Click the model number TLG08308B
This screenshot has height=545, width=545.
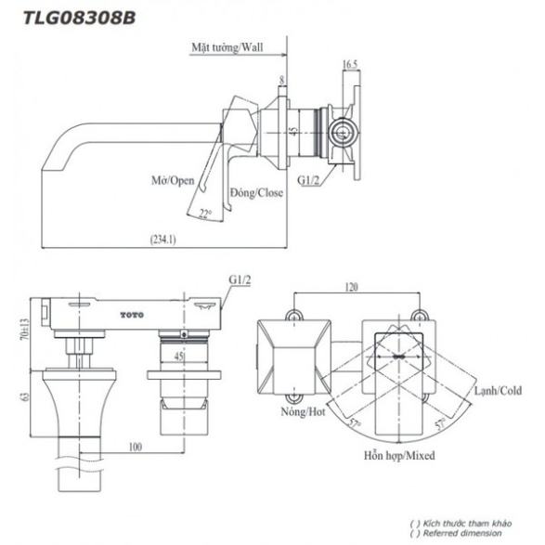pyautogui.click(x=79, y=18)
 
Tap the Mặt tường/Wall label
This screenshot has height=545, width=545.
pyautogui.click(x=227, y=47)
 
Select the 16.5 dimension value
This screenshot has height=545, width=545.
pyautogui.click(x=350, y=64)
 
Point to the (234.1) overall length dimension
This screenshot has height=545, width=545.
pyautogui.click(x=163, y=240)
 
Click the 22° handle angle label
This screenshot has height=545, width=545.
pyautogui.click(x=205, y=213)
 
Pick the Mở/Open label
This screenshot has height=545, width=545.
pyautogui.click(x=173, y=181)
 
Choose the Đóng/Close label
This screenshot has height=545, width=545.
pyautogui.click(x=256, y=192)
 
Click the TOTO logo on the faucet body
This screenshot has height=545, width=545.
pyautogui.click(x=132, y=315)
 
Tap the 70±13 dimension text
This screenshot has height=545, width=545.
pyautogui.click(x=25, y=330)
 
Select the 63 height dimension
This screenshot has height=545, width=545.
pyautogui.click(x=25, y=397)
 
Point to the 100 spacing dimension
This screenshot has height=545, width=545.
pyautogui.click(x=136, y=447)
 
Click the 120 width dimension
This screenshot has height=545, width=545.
pyautogui.click(x=351, y=287)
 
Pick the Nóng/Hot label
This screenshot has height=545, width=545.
pyautogui.click(x=303, y=412)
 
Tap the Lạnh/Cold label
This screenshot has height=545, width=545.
pyautogui.click(x=498, y=391)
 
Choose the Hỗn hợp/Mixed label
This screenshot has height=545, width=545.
pyautogui.click(x=399, y=455)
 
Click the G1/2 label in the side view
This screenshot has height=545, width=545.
pyautogui.click(x=308, y=180)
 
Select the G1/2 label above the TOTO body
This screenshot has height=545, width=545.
pyautogui.click(x=240, y=279)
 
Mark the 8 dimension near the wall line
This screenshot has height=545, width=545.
pyautogui.click(x=282, y=80)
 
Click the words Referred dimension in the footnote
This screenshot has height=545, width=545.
pyautogui.click(x=462, y=533)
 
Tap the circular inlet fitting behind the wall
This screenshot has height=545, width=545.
pyautogui.click(x=343, y=133)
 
